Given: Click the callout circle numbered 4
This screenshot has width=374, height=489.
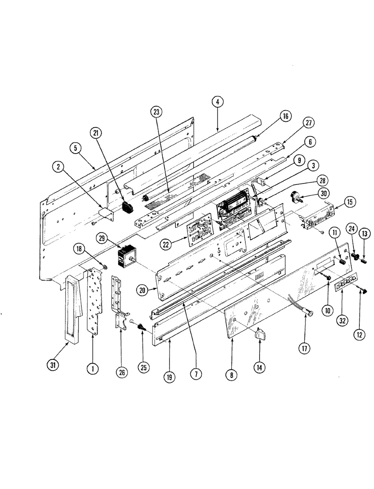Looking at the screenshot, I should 218,102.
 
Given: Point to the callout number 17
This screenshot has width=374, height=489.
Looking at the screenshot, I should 304,349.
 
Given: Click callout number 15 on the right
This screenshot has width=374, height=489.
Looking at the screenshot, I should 349,203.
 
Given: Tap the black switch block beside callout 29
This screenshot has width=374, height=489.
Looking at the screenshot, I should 125,258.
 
